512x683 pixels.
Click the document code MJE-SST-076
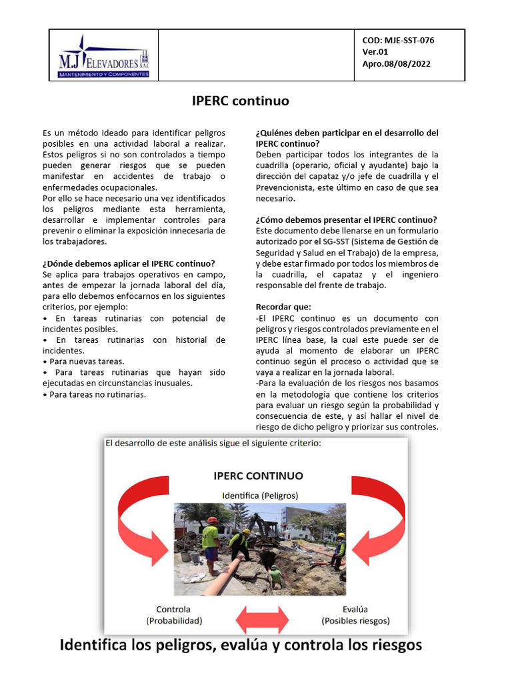coord(398,40)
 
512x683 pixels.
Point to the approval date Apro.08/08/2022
coord(396,64)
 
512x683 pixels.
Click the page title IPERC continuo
coord(240,101)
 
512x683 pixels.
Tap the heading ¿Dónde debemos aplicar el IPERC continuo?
coord(129,263)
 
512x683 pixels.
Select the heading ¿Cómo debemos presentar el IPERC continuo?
coord(347,219)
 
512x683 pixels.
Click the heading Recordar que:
coord(278,307)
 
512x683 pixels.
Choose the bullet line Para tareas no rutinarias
coord(94,394)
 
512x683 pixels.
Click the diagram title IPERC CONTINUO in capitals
coord(258,476)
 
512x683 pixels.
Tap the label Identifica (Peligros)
coord(259,496)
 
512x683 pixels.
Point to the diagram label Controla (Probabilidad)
coord(173,614)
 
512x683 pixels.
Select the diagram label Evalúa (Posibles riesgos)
coord(355,614)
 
